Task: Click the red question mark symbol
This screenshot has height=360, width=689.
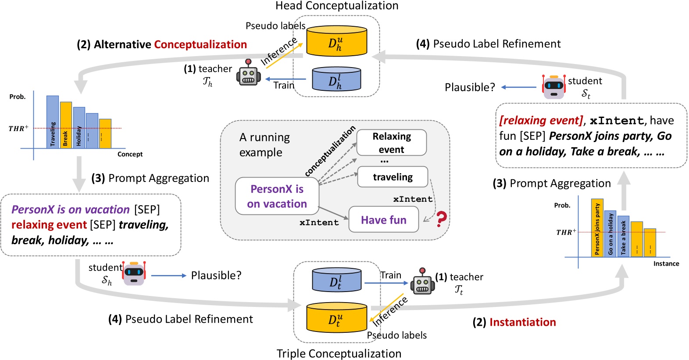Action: tap(441, 219)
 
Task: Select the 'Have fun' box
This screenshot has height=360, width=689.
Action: tap(383, 220)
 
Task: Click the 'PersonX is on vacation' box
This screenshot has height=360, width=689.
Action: tap(277, 196)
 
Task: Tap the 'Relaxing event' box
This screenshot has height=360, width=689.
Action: tap(391, 143)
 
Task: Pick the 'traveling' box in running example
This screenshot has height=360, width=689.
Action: tap(392, 177)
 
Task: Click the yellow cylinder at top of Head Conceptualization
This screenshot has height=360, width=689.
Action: tap(336, 41)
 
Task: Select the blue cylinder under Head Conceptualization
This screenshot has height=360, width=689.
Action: tap(336, 79)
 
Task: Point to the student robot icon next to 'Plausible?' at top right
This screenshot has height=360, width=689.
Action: tap(553, 86)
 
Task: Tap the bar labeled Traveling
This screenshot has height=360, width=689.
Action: tap(53, 122)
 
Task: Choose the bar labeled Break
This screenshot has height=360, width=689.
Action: tap(66, 125)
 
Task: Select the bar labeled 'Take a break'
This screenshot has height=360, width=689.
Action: tap(623, 236)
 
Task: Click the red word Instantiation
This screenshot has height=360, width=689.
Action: tap(522, 322)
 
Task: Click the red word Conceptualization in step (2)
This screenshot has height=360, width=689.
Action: tap(200, 44)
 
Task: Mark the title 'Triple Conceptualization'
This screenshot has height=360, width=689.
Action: tap(339, 353)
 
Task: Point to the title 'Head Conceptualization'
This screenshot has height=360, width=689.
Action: tap(336, 6)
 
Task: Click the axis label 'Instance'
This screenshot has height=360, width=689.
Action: tap(666, 264)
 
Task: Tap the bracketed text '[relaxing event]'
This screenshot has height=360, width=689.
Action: tap(541, 120)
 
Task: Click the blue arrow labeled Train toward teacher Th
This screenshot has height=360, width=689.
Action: tap(286, 79)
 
